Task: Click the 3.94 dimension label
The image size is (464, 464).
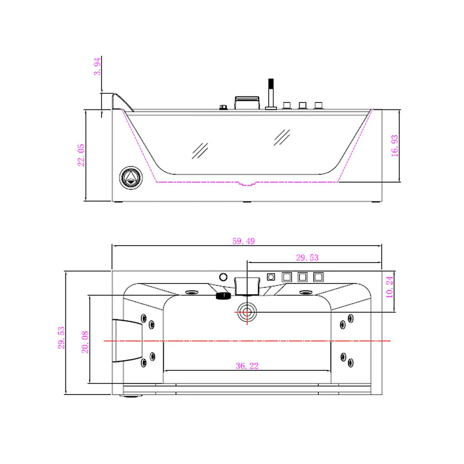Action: (x=97, y=68)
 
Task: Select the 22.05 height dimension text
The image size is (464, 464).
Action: (x=81, y=155)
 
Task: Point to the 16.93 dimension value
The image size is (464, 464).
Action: (x=394, y=146)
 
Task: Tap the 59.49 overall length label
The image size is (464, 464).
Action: (x=246, y=241)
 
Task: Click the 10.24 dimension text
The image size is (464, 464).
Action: (x=389, y=287)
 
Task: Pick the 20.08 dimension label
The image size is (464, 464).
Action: (x=85, y=342)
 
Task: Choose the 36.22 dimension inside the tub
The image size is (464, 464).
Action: (x=247, y=366)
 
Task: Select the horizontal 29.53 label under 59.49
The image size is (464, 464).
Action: (x=307, y=258)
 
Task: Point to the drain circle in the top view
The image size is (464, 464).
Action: (x=246, y=311)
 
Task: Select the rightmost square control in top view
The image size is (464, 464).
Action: (x=319, y=277)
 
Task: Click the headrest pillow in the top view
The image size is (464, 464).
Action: (x=126, y=341)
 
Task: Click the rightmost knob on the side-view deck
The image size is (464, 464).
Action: (x=318, y=105)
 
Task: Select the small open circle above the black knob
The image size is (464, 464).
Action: (x=223, y=277)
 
